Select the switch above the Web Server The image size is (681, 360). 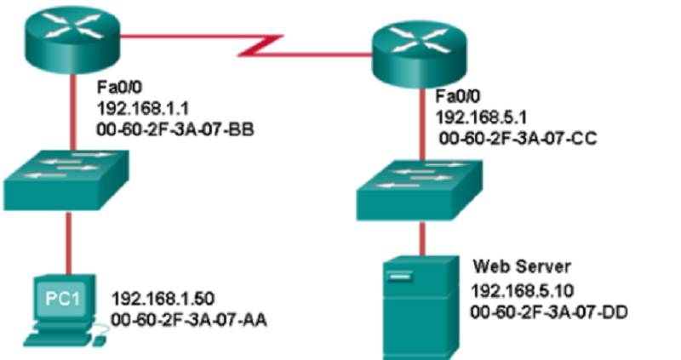421,192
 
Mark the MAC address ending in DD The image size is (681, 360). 548,312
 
